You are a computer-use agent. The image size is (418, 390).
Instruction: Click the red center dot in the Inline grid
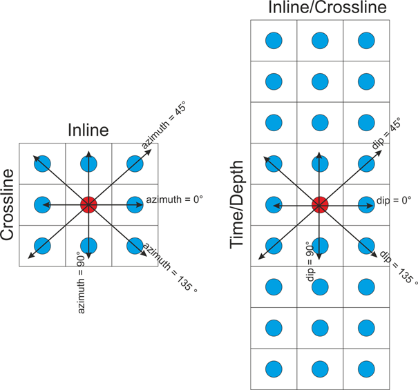[88, 204]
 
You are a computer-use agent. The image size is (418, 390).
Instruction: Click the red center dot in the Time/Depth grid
[319, 204]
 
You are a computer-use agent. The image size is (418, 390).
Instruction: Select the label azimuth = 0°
[175, 200]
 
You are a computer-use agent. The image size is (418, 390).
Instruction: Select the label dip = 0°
[394, 199]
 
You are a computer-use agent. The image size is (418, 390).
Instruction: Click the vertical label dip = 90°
[310, 258]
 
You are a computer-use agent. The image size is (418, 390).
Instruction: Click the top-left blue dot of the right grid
[274, 41]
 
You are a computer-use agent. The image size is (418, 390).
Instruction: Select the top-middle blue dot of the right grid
[319, 41]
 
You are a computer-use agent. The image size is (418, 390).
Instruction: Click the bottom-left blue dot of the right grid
[274, 367]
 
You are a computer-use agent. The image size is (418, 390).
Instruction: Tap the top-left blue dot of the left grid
[42, 164]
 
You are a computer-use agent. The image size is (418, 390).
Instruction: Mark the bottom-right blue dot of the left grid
[134, 245]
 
